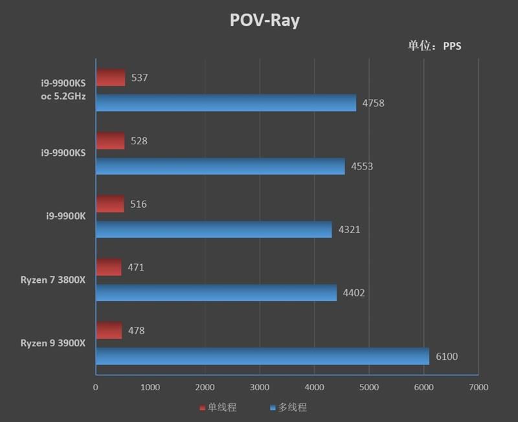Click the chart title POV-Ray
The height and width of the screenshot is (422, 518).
264,21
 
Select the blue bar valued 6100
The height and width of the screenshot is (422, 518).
262,356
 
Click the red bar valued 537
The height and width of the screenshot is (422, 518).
111,78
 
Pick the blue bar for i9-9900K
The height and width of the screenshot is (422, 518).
214,229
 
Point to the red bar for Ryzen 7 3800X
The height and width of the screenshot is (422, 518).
109,267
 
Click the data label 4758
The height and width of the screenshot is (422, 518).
373,103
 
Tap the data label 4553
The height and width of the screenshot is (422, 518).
362,166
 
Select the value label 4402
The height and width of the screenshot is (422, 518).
354,293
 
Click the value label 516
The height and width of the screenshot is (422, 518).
138,205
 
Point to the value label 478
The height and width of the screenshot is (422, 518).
136,331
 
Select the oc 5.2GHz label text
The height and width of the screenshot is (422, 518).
63,96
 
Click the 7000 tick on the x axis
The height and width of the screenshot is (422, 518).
478,387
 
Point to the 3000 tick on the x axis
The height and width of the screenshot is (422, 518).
259,387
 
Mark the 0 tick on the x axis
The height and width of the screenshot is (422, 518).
96,387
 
